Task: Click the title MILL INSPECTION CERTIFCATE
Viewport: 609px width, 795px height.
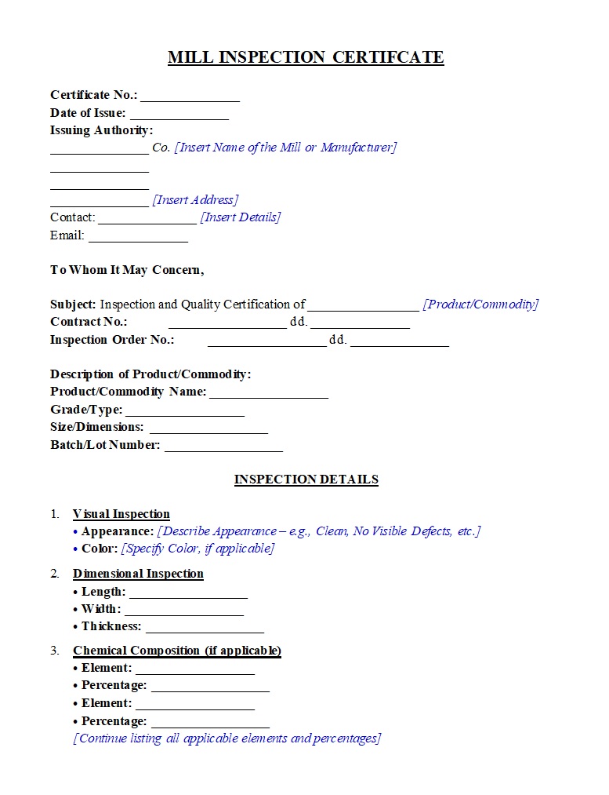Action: click(x=306, y=57)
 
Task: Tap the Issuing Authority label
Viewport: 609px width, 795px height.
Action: click(x=101, y=130)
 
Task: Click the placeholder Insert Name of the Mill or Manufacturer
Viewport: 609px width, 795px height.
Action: click(x=285, y=148)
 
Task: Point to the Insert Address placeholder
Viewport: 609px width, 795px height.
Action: click(x=195, y=200)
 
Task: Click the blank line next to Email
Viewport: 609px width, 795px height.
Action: click(x=138, y=238)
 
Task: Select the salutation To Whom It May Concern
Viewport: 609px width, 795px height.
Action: click(x=127, y=270)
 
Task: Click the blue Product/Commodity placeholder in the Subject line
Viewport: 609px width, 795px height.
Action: click(x=480, y=305)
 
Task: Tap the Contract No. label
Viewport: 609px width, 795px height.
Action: click(x=89, y=322)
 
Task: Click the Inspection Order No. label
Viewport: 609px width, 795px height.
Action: click(x=112, y=340)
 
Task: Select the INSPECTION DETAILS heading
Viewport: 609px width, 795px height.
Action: click(x=306, y=480)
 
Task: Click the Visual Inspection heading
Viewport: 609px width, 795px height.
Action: click(x=121, y=514)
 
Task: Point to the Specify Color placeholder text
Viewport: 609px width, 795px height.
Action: click(x=198, y=549)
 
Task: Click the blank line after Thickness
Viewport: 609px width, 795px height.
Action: click(x=205, y=629)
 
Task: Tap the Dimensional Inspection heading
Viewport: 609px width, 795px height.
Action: click(x=138, y=574)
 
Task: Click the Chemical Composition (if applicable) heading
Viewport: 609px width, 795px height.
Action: click(x=176, y=651)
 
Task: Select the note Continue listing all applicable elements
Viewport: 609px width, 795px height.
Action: click(x=227, y=738)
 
